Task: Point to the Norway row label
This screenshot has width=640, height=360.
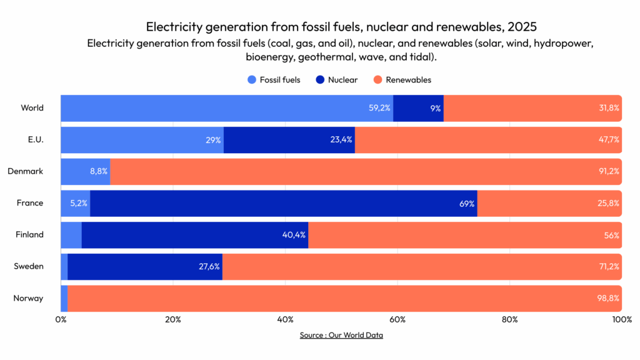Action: point(28,298)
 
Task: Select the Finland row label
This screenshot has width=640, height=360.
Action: point(29,235)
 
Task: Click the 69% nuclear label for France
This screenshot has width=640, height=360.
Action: point(466,204)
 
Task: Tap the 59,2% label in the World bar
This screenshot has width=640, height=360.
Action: point(379,108)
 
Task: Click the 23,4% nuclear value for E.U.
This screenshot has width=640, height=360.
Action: point(341,140)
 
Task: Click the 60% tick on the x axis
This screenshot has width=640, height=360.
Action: point(397,319)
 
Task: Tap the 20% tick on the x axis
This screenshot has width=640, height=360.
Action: point(173,319)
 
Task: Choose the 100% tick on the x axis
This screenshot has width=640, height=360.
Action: point(622,319)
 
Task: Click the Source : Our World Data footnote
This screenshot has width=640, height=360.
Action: point(341,335)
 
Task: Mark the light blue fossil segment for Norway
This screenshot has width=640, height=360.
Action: point(64,298)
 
